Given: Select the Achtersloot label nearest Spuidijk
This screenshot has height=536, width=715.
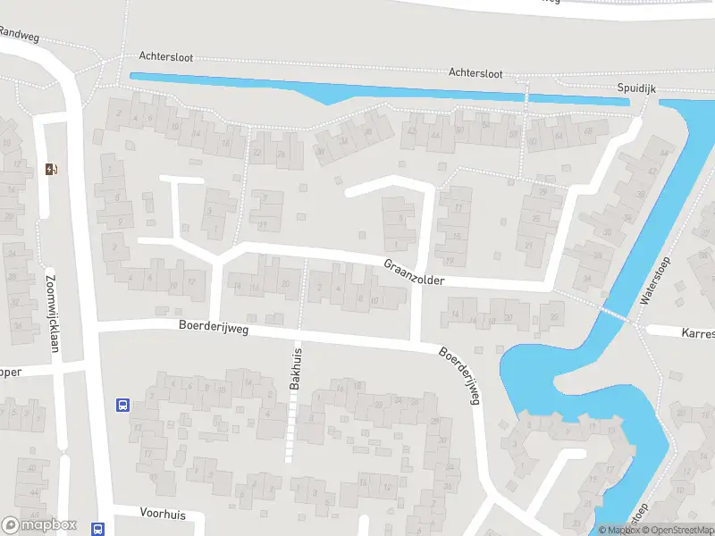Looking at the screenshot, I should click(x=475, y=72).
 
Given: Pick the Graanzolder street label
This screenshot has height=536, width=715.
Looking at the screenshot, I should click(x=414, y=273).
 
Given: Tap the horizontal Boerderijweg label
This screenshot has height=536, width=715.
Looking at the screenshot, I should click(x=213, y=328).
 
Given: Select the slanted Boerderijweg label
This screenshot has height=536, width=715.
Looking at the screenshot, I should click(x=460, y=375).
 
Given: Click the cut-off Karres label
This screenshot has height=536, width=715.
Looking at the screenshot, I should click(x=697, y=334).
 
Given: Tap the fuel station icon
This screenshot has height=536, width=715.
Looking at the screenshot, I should click(x=52, y=169).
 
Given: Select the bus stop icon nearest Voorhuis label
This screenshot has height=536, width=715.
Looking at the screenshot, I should click(x=97, y=528).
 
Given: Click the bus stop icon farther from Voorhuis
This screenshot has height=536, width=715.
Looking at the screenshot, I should click(x=122, y=405).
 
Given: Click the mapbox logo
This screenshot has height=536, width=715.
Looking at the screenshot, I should click(x=39, y=525).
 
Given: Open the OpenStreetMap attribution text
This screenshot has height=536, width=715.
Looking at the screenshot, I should click(x=680, y=531).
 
